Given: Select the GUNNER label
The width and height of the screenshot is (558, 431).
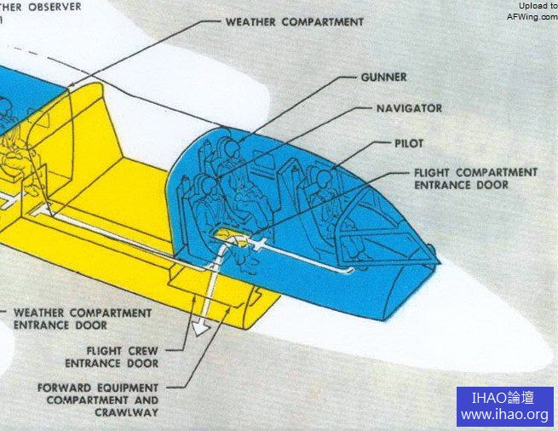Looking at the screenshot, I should pyautogui.click(x=383, y=78).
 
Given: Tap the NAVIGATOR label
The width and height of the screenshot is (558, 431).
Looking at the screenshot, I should pyautogui.click(x=409, y=109).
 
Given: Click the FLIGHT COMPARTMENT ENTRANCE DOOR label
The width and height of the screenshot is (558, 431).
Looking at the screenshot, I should pyautogui.click(x=475, y=178).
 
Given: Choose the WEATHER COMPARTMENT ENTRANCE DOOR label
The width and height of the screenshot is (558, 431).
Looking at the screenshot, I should pyautogui.click(x=83, y=319).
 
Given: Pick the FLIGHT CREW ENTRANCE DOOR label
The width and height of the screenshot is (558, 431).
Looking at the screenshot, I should pyautogui.click(x=123, y=357).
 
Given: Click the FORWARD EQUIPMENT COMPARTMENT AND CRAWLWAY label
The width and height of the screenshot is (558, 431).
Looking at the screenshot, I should pyautogui.click(x=98, y=399).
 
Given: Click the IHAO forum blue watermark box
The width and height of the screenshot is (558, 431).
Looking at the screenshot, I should pyautogui.click(x=504, y=406).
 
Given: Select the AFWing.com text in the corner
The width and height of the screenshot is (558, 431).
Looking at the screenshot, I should pyautogui.click(x=532, y=16).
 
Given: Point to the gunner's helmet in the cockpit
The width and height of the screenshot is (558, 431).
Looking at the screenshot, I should pyautogui.click(x=229, y=152).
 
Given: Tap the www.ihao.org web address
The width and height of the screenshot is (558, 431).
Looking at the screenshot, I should pyautogui.click(x=504, y=416).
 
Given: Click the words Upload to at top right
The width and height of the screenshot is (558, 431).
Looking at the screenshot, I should pyautogui.click(x=538, y=6).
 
